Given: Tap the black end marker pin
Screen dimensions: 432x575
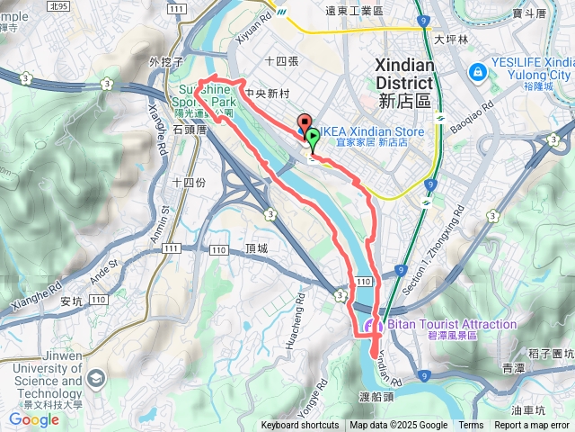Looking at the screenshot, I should (303, 125).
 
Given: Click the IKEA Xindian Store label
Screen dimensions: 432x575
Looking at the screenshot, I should (364, 130).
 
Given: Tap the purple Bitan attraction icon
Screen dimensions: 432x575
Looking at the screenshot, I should (371, 326).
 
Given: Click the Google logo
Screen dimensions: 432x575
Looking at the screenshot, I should (33, 419).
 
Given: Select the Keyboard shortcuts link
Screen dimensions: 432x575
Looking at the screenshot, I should (300, 426).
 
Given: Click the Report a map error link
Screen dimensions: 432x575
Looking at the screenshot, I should (532, 426).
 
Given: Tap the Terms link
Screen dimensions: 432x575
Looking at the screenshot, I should (471, 426).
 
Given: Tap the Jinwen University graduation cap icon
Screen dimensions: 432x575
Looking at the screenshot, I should (93, 381).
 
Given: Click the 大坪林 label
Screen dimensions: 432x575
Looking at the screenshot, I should (451, 40).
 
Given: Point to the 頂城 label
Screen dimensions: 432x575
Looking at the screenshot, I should (255, 248).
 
